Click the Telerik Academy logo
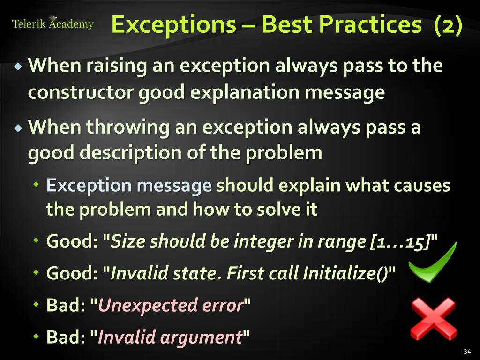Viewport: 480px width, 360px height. pos(52,23)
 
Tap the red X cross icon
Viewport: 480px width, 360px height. pos(433,319)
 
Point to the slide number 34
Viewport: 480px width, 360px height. pos(466,352)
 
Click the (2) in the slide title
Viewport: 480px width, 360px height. pos(448,24)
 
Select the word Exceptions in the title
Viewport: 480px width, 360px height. pos(173,24)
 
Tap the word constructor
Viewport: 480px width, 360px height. pos(80,92)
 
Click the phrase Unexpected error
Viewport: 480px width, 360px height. pos(171,306)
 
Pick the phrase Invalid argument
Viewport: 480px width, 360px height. pos(169,337)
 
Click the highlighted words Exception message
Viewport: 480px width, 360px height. pos(129,186)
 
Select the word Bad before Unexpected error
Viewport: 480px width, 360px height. pos(65,306)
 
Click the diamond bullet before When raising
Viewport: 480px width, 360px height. pos(18,67)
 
